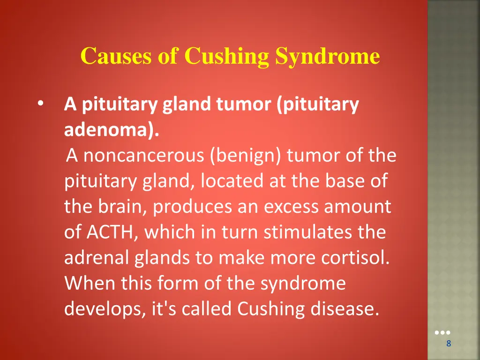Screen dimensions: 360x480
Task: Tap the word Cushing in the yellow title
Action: click(x=226, y=57)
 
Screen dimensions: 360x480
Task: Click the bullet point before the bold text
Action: click(x=41, y=104)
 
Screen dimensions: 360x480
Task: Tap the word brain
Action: click(x=123, y=207)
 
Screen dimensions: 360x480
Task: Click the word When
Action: click(x=90, y=284)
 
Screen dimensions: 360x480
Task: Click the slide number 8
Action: click(x=449, y=344)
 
